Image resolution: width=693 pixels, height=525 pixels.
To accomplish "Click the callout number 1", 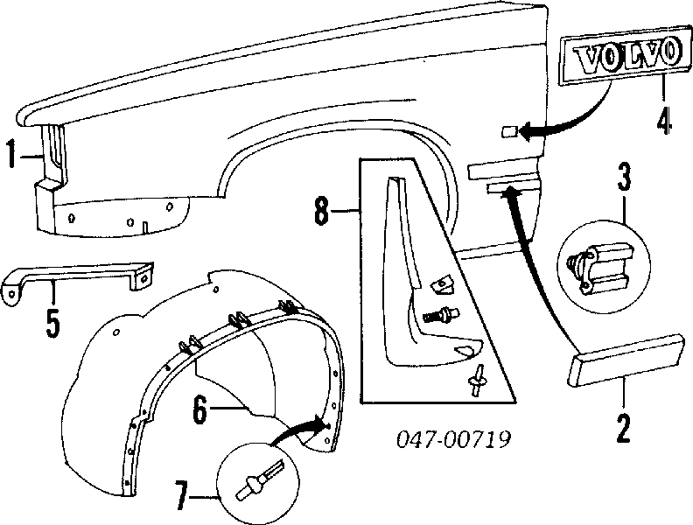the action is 13,154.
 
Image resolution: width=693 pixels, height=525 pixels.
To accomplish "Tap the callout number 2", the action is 623,427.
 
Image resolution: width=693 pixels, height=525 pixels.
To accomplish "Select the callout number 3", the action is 624,177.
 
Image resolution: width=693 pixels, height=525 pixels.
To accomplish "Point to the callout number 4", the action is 664,118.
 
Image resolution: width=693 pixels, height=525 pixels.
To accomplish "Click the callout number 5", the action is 52,323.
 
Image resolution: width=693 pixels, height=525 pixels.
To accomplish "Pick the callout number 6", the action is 200,409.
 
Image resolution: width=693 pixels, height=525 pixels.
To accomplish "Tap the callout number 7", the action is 181,496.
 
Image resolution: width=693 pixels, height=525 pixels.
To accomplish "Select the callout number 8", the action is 321,211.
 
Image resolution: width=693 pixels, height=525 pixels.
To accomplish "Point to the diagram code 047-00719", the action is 453,439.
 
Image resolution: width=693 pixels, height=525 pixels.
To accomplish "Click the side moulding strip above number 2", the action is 626,360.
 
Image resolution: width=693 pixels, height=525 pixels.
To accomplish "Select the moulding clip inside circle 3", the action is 599,267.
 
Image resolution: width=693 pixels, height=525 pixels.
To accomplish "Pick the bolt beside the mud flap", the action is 441,316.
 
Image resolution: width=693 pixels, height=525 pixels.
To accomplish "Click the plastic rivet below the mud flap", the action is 476,380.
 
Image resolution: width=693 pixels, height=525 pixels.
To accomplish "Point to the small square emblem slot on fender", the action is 509,131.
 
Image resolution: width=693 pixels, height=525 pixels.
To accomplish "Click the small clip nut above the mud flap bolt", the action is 442,284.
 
